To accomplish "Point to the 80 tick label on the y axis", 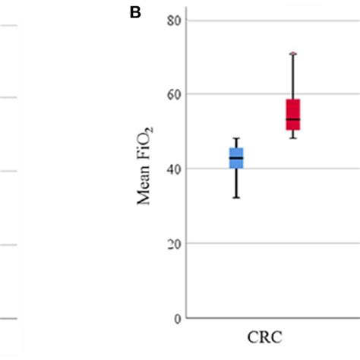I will pos(175,20).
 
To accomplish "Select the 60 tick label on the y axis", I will pos(175,94).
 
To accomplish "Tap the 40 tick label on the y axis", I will pos(175,169).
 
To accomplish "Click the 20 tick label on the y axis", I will pos(175,244).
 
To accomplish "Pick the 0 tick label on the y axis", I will pos(178,318).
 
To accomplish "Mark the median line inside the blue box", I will pos(236,158).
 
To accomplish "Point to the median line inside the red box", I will pos(293,119).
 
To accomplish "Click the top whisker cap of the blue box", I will pos(236,138).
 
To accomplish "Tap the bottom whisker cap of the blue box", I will pos(236,197).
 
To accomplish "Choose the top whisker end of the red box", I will pos(293,53).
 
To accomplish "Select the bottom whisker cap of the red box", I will pos(293,137).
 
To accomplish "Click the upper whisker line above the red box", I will pos(293,76).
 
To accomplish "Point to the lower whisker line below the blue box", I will pos(236,183).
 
